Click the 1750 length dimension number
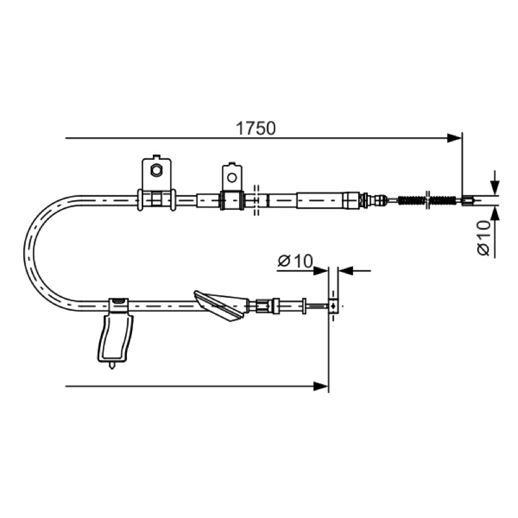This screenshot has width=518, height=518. point(255,128)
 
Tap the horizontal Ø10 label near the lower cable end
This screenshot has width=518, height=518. point(295,261)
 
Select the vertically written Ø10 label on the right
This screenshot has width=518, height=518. point(484,238)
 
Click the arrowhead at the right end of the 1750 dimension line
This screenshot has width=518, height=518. point(454,138)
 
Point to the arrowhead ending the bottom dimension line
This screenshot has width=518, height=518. point(321,386)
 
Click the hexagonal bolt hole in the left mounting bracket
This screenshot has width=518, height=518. point(155,170)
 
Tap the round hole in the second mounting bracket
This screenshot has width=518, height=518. point(232,177)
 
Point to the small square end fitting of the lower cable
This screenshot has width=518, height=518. point(333,306)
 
